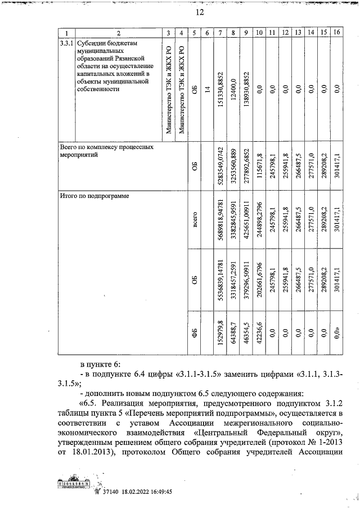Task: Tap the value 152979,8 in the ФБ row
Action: pyautogui.click(x=220, y=336)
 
